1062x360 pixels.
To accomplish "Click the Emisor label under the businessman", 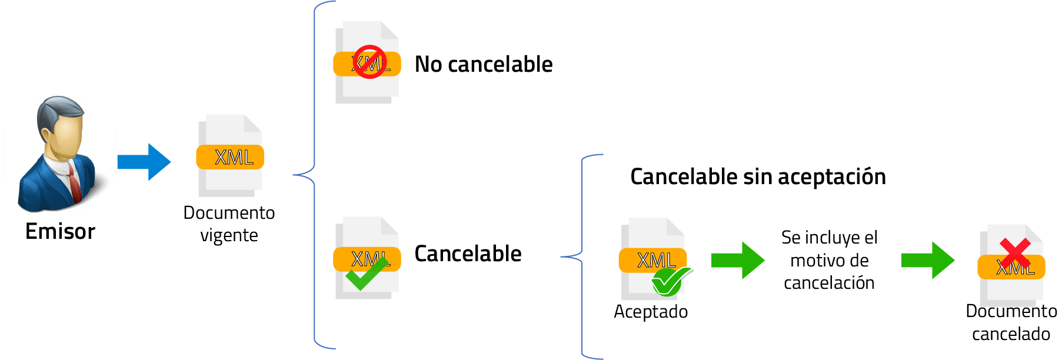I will click(60, 231).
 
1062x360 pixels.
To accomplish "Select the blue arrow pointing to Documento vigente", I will click(144, 162).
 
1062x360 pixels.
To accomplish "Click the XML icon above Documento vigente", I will click(230, 156).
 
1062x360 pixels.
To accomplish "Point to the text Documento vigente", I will click(229, 224).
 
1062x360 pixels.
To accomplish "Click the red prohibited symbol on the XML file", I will click(369, 62).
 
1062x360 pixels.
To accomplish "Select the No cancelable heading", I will click(484, 64).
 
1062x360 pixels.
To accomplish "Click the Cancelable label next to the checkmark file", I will click(468, 254).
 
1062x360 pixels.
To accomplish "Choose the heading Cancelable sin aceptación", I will click(758, 176).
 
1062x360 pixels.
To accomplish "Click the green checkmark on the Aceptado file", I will click(671, 281).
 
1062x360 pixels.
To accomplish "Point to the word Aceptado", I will click(651, 311).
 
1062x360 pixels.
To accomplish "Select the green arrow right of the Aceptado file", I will click(737, 260).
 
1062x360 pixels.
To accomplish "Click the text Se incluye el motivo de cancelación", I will click(829, 260).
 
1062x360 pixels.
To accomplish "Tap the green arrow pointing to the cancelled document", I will click(927, 260).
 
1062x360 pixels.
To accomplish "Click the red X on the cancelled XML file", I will click(1014, 253).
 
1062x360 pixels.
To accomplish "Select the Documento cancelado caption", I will click(1011, 322).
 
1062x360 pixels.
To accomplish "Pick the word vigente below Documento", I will click(229, 235).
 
